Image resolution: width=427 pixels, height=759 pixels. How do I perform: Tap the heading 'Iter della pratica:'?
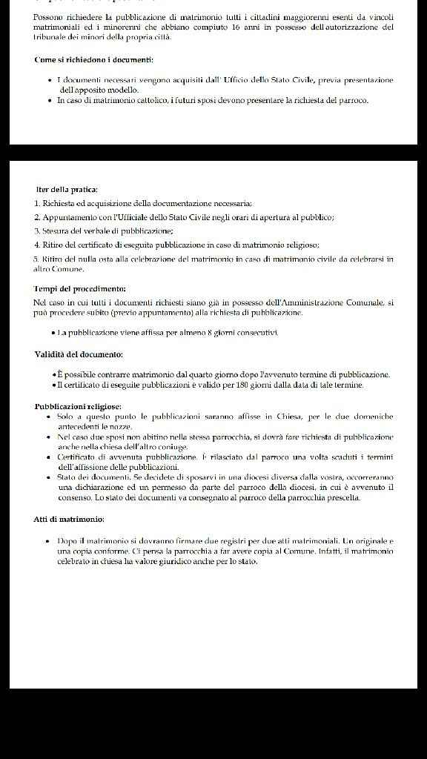pos(67,190)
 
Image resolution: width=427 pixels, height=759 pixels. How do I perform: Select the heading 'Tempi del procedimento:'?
pos(80,288)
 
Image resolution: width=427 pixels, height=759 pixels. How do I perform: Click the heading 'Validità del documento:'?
pos(79,354)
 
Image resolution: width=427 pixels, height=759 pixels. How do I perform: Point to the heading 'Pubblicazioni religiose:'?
pos(78,407)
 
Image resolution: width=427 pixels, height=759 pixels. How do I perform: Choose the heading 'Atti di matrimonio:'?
pos(70,519)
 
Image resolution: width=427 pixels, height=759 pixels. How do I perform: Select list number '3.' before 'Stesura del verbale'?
pos(37,231)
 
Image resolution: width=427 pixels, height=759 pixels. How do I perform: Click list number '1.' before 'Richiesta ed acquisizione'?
pos(37,203)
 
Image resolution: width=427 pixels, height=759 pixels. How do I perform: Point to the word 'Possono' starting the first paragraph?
pos(49,16)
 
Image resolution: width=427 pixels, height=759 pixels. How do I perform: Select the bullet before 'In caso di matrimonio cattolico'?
pos(48,100)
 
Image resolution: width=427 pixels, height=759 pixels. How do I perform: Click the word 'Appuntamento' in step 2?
pos(69,217)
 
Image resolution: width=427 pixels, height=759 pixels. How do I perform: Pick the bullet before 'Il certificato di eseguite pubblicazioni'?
pos(54,385)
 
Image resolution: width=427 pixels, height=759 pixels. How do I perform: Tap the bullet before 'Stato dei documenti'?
pos(48,477)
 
